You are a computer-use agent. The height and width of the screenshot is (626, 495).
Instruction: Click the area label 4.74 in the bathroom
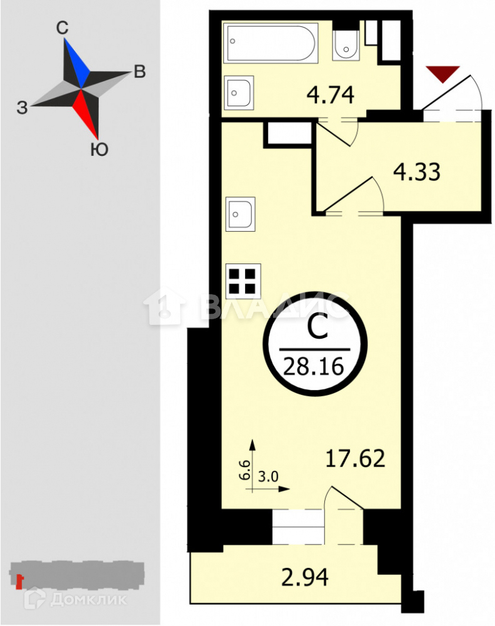331,96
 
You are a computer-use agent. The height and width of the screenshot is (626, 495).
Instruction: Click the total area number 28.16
314,365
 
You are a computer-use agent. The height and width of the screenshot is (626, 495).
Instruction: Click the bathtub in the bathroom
271,42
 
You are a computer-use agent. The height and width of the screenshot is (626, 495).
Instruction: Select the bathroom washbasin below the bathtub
238,92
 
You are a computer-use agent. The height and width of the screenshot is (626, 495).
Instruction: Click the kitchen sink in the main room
241,213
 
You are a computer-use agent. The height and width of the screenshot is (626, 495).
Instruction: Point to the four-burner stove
242,281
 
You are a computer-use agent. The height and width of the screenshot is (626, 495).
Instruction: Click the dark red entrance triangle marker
442,73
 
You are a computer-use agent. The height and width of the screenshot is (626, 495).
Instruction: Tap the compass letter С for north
61,28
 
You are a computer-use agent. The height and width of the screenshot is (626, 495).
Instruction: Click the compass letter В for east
140,72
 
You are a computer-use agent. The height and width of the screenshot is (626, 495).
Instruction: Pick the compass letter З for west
22,108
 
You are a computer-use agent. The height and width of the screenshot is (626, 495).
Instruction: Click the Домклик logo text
87,598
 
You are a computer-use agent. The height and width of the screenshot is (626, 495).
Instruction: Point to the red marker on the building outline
19,582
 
